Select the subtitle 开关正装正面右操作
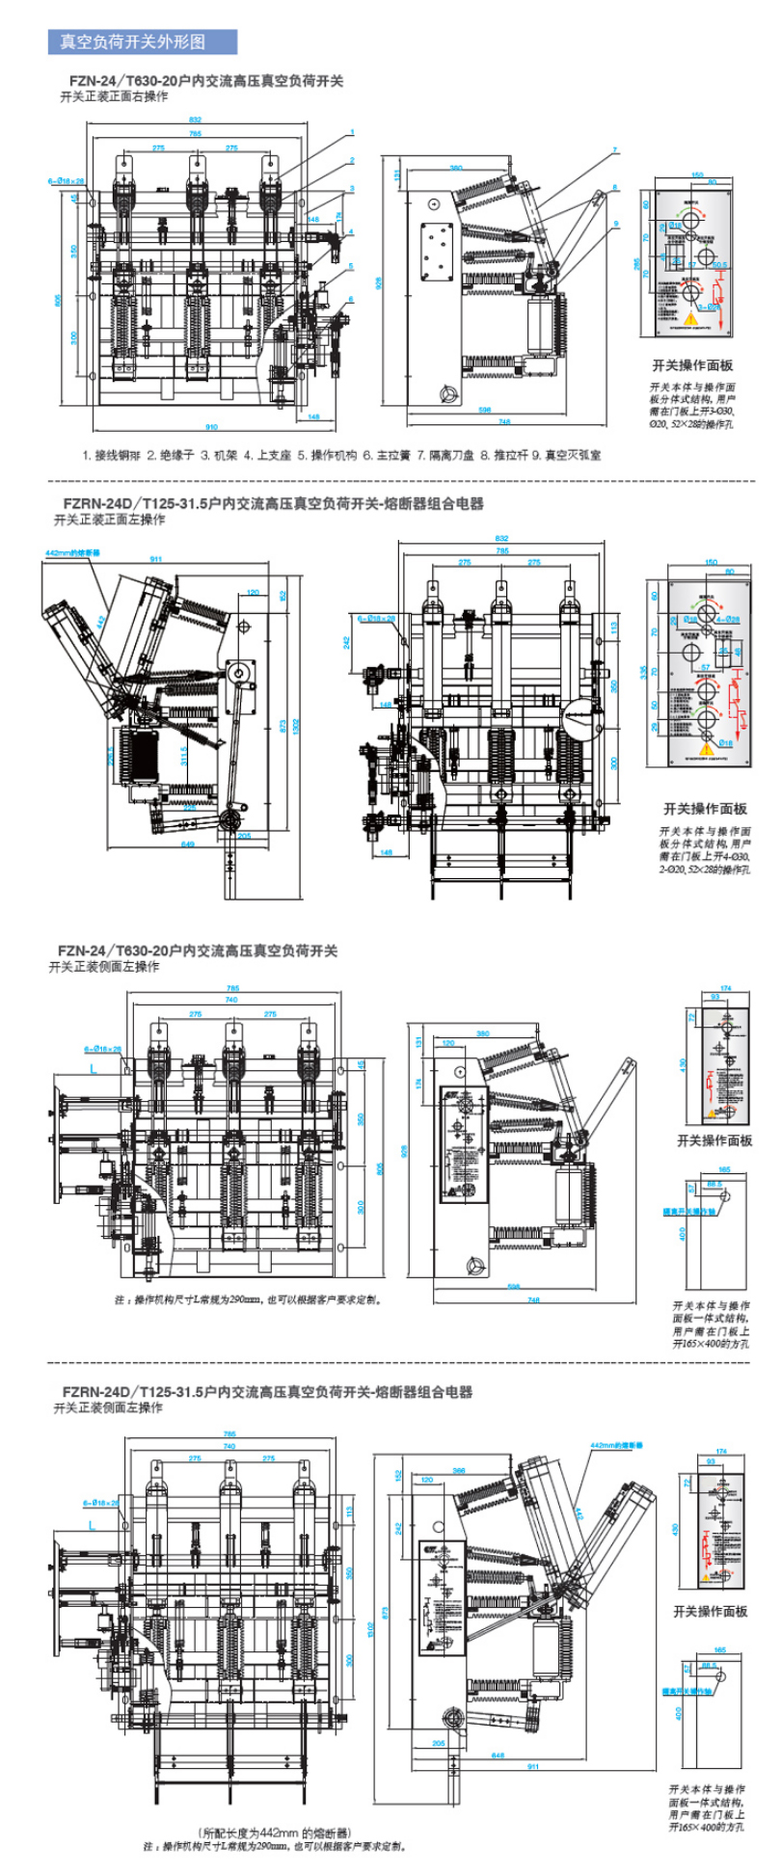pyautogui.click(x=115, y=96)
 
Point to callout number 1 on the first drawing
pyautogui.click(x=353, y=132)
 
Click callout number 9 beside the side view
pyautogui.click(x=614, y=224)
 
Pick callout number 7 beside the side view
pyautogui.click(x=614, y=150)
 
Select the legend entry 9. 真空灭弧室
pyautogui.click(x=573, y=455)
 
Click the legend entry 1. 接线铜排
pyautogui.click(x=111, y=455)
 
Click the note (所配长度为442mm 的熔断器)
pyautogui.click(x=275, y=1832)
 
